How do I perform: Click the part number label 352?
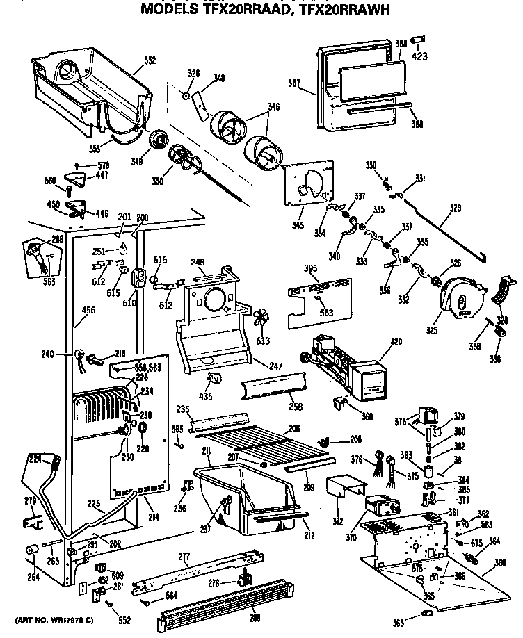pyautogui.click(x=150, y=60)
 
